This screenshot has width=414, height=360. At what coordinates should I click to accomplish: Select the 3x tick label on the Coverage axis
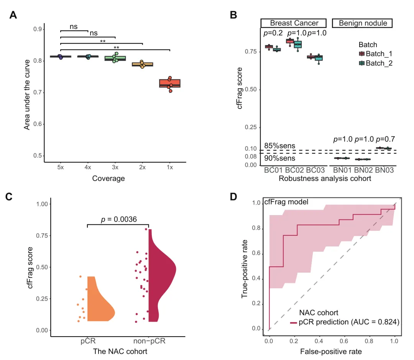click(115, 168)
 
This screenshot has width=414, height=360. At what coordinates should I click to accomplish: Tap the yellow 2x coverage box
click(142, 64)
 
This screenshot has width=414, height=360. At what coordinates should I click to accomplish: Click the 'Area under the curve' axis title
click(27, 92)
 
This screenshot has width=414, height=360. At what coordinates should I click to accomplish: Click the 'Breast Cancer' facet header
click(294, 23)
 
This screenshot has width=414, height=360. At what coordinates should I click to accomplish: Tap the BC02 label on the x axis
click(294, 169)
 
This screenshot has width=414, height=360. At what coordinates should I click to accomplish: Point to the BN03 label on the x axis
click(384, 169)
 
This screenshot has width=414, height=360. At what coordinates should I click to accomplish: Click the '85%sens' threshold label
click(279, 145)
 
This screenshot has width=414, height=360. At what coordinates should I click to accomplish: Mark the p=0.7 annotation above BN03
click(385, 139)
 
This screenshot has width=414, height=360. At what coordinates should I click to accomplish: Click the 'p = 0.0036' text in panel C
click(118, 219)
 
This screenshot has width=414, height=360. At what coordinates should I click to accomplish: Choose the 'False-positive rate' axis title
click(331, 351)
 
